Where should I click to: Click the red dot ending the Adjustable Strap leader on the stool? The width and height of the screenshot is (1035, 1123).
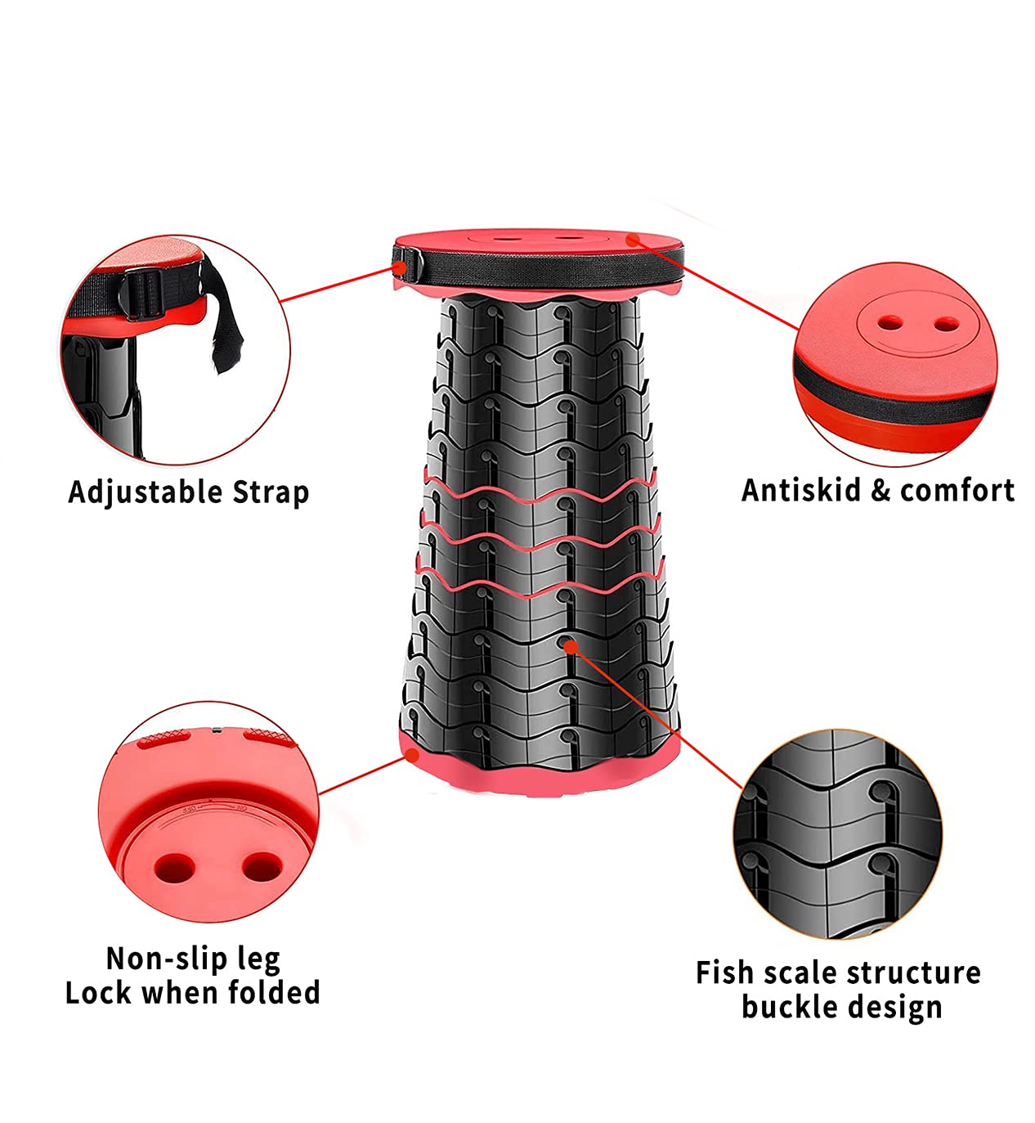[400, 267]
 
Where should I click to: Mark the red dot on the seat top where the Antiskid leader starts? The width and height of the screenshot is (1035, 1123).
[633, 239]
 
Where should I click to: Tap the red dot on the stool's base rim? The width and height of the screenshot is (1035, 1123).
[413, 755]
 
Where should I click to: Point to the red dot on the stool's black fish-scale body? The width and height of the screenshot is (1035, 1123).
[571, 645]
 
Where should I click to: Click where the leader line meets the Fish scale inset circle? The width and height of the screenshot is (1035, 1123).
[742, 788]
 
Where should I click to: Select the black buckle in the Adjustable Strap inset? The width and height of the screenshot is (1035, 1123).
[142, 293]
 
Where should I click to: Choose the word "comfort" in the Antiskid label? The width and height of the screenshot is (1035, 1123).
[957, 490]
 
